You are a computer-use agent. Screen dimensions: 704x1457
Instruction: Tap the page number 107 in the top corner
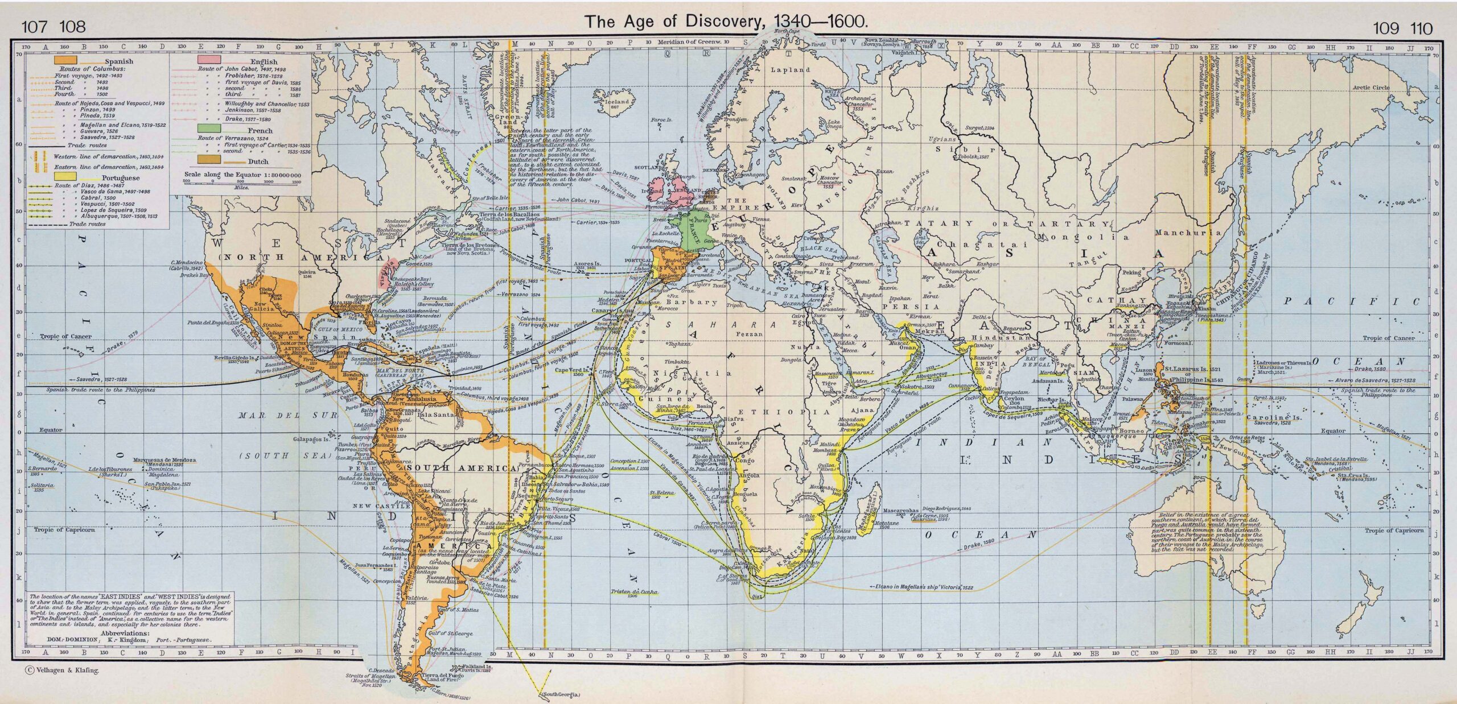click(x=31, y=27)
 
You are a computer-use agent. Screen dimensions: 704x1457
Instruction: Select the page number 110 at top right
click(x=1421, y=28)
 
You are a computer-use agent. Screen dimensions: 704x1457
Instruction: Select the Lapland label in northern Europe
click(x=790, y=70)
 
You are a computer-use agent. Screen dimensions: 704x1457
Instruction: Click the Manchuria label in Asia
click(x=1188, y=233)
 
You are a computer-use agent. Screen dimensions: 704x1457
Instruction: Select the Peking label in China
click(x=1131, y=272)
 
